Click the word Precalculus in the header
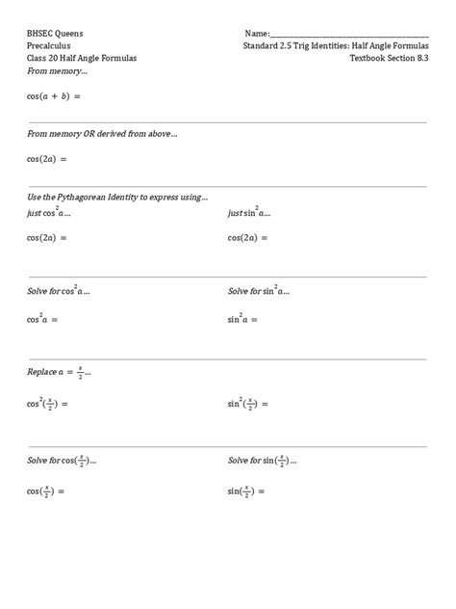click(x=48, y=45)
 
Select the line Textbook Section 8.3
click(x=390, y=59)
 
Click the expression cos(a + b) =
click(x=54, y=96)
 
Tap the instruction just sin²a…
click(x=248, y=212)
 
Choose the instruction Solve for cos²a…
click(x=59, y=290)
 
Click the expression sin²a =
click(x=243, y=319)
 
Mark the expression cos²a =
click(x=43, y=319)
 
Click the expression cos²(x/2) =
click(x=48, y=405)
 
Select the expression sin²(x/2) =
click(x=248, y=405)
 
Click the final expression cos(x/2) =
click(x=46, y=491)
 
